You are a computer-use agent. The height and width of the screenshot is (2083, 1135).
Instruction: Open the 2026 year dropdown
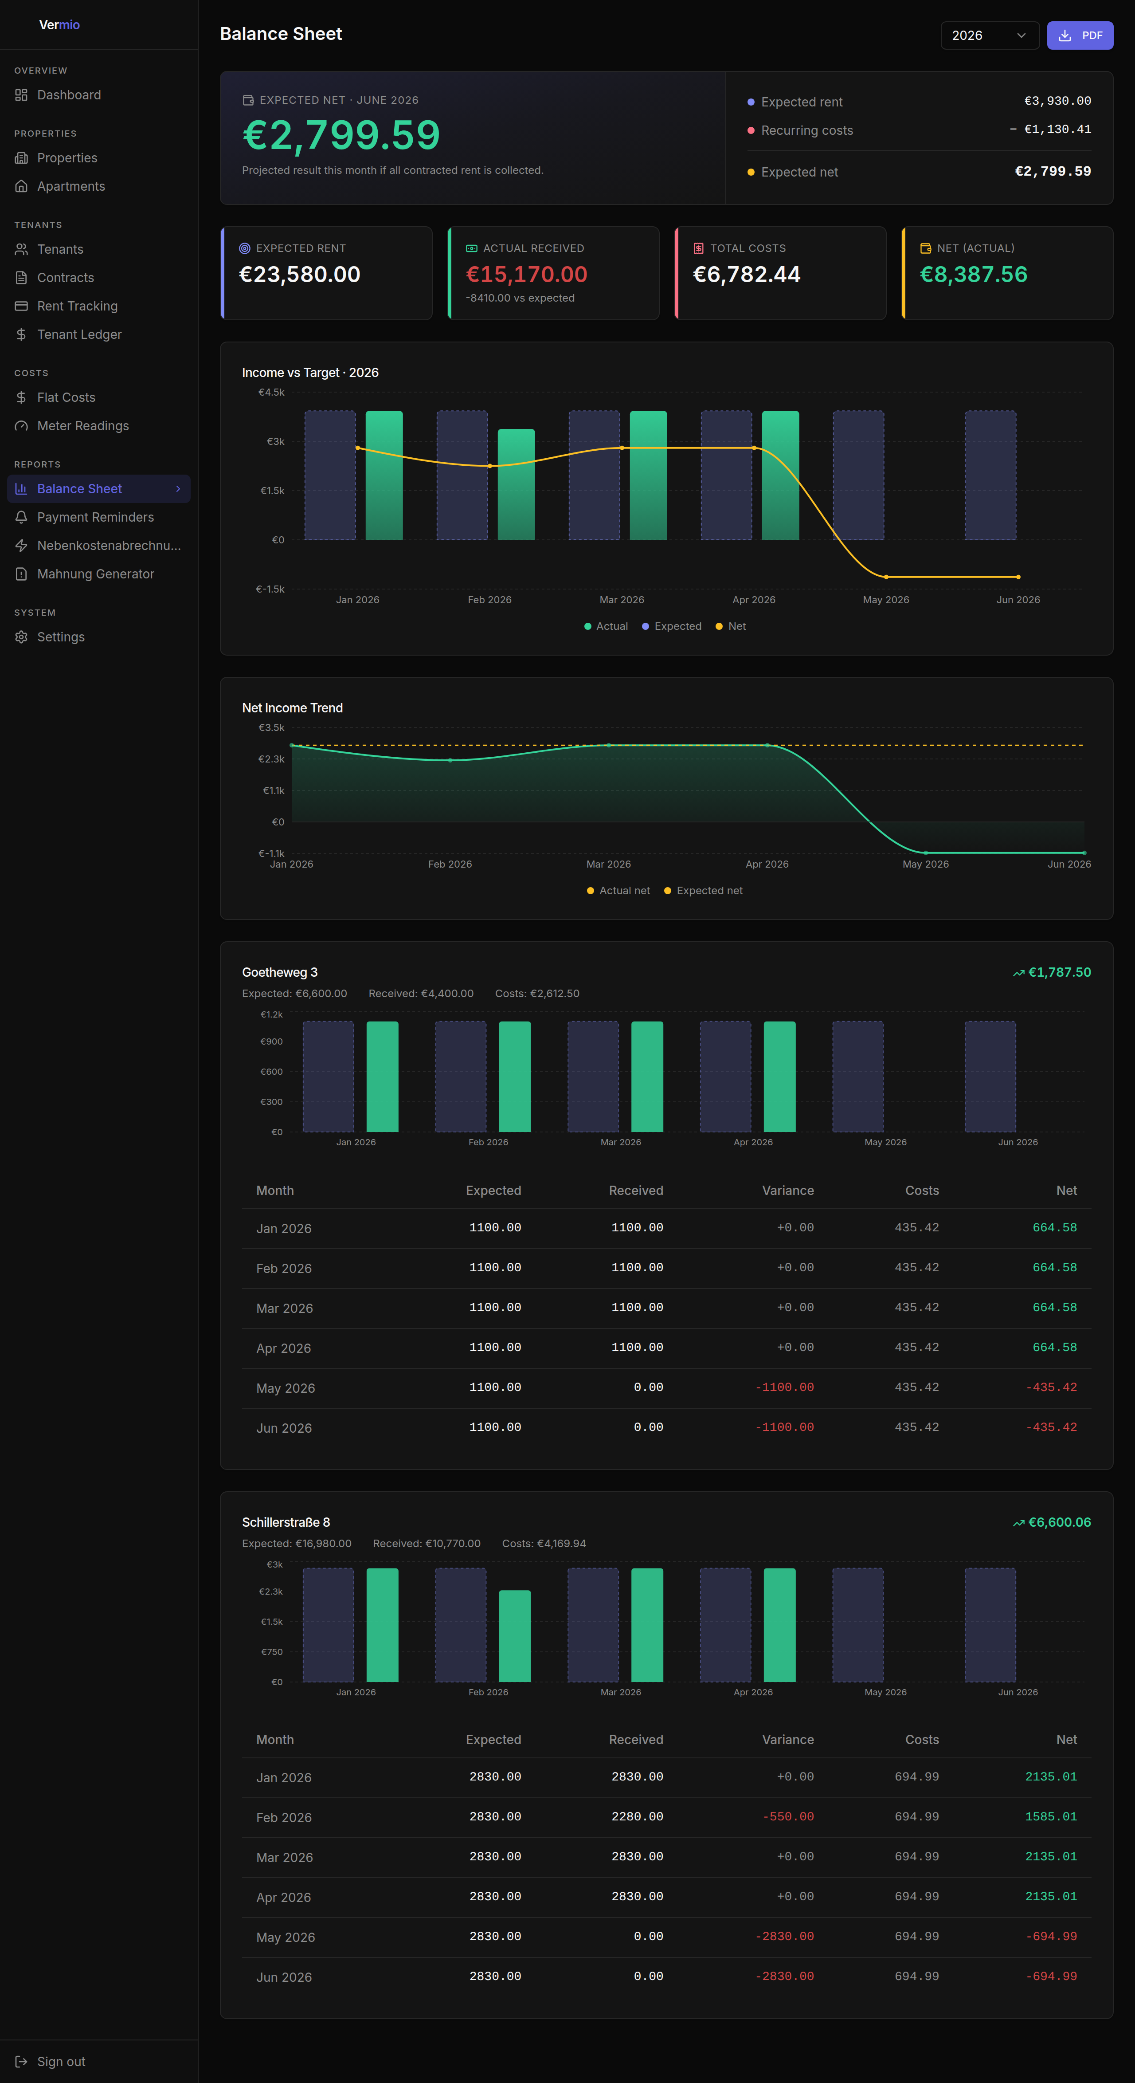(990, 35)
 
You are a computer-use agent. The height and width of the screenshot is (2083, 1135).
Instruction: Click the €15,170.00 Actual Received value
(526, 275)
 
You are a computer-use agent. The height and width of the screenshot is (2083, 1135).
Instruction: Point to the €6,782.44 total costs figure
(746, 275)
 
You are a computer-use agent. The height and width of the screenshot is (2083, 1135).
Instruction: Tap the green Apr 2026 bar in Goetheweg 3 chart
(779, 1076)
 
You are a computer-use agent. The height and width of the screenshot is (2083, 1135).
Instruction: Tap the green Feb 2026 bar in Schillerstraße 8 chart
(515, 1636)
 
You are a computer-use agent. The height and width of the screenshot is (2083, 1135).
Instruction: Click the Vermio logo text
(59, 25)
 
